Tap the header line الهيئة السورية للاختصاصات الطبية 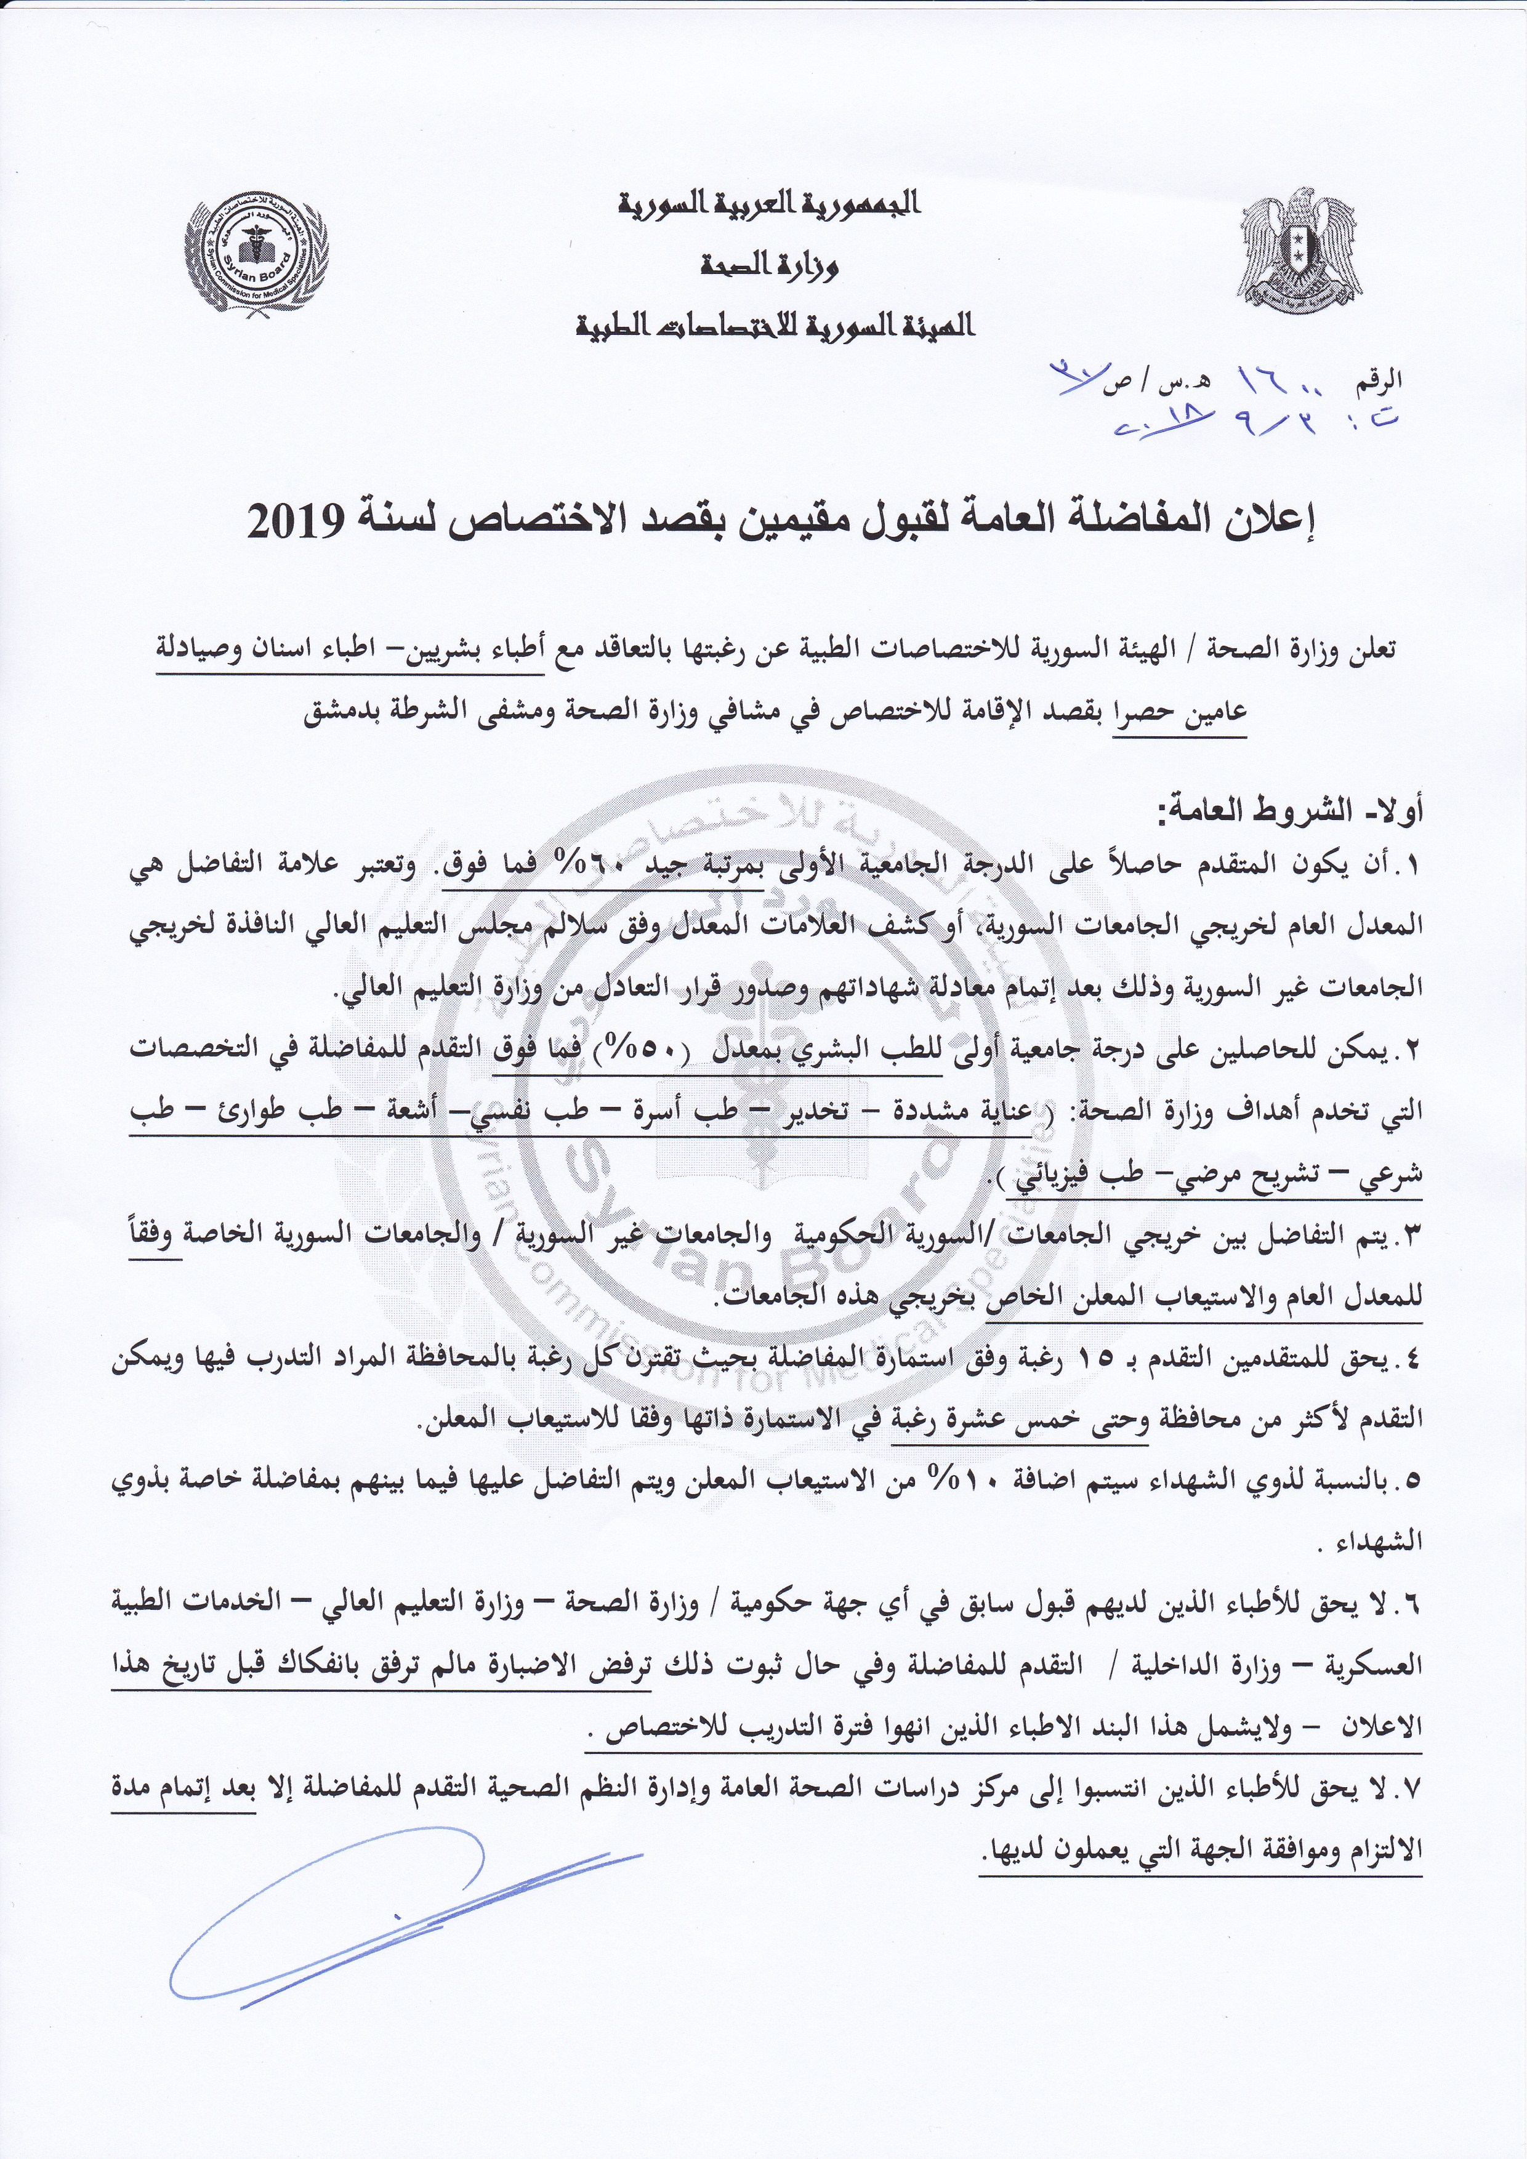coord(776,328)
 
